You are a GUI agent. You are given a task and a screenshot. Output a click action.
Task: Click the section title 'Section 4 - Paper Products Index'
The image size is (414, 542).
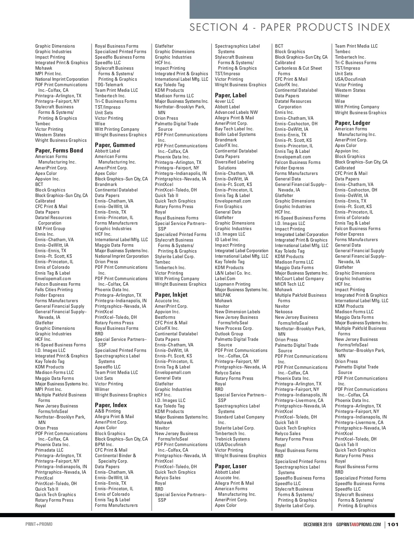click(290, 28)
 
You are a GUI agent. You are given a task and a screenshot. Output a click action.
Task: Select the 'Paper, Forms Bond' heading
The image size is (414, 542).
click(59, 150)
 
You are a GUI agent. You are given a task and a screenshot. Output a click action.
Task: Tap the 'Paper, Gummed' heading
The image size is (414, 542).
click(115, 145)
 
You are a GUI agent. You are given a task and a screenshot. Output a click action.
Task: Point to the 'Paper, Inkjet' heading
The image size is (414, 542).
click(171, 295)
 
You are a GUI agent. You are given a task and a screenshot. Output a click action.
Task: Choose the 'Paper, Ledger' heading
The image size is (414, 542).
click(352, 123)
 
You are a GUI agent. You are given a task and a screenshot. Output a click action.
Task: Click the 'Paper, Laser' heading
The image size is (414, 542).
click(231, 466)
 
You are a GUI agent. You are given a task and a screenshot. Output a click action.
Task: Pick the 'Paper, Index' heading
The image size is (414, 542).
click(111, 405)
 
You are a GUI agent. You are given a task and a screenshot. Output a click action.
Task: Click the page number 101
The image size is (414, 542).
click(393, 524)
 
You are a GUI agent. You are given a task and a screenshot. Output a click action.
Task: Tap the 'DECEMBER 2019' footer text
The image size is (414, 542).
click(318, 524)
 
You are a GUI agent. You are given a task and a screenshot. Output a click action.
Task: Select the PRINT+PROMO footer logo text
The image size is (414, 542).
click(39, 524)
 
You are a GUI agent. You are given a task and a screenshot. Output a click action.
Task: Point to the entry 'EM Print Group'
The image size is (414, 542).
click(50, 228)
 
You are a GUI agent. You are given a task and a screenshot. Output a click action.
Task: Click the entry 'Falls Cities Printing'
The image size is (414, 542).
click(54, 289)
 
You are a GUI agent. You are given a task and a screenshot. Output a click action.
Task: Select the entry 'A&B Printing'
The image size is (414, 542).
click(108, 411)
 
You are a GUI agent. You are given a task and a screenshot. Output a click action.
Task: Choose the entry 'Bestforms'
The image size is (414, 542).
click(165, 317)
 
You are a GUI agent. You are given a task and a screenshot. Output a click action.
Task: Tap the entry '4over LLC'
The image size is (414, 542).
click(224, 101)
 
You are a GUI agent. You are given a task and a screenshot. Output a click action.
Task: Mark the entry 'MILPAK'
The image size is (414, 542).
click(223, 295)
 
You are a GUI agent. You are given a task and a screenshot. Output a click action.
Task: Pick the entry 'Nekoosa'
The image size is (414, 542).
click(284, 312)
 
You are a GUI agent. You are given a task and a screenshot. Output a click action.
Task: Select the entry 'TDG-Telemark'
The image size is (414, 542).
click(109, 85)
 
